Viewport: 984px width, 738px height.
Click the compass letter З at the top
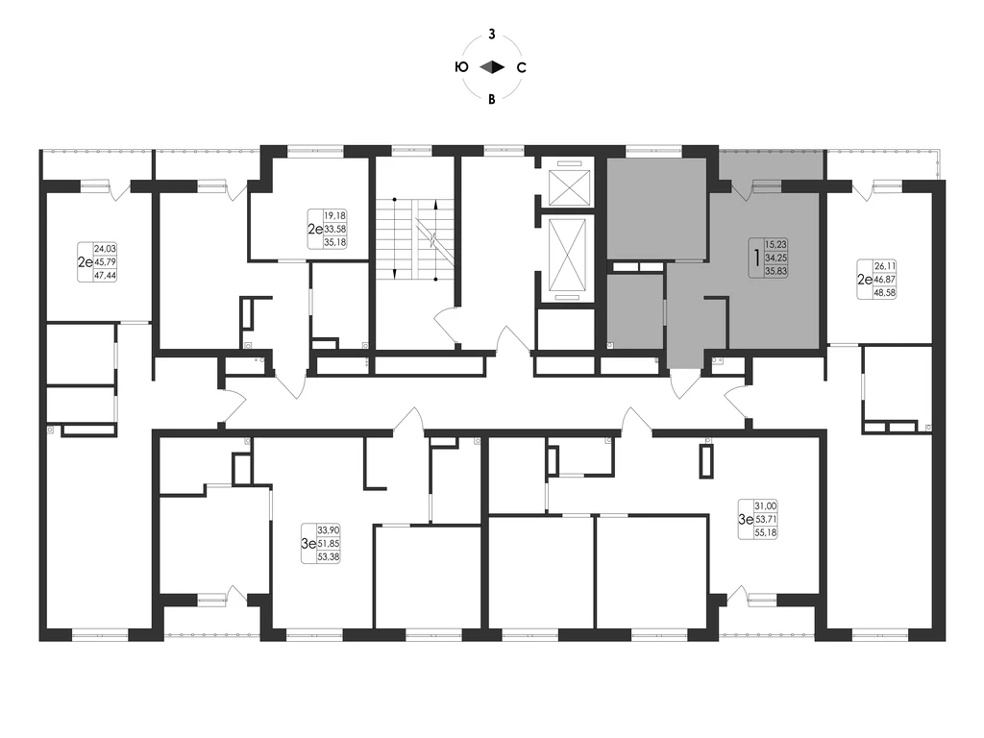(x=492, y=35)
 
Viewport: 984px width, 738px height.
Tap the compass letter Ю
(x=461, y=67)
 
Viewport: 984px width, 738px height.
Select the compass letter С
(x=521, y=67)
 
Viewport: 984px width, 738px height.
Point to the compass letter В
(x=492, y=99)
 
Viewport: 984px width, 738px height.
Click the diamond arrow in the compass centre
(x=492, y=67)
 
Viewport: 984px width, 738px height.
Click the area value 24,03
(x=105, y=249)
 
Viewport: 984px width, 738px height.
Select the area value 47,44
(x=105, y=275)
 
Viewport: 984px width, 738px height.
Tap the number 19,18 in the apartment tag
(x=335, y=216)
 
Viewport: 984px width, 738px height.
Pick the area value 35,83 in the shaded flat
(x=776, y=271)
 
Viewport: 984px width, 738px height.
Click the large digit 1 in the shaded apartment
(x=757, y=258)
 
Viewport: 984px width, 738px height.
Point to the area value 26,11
(x=885, y=267)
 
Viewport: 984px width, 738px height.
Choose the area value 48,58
(x=885, y=292)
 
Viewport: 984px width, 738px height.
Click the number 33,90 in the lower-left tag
(x=329, y=530)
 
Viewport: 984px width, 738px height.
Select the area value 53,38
(x=329, y=556)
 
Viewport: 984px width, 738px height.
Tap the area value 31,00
(x=766, y=505)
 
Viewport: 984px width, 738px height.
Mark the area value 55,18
(x=766, y=532)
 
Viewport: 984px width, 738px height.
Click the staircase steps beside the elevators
(x=415, y=239)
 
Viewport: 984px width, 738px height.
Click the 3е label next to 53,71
(x=746, y=519)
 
